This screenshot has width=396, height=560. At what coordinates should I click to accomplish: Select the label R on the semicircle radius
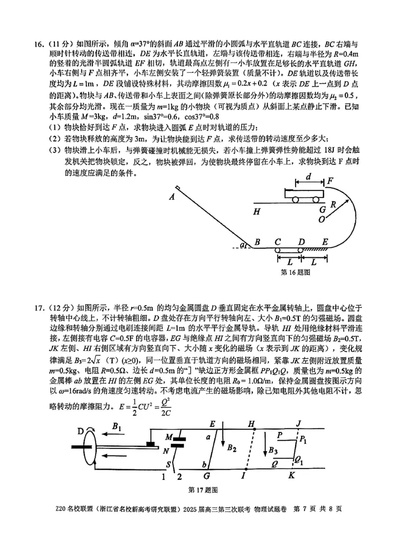334,203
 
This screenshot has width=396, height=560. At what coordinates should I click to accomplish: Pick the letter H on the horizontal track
256,212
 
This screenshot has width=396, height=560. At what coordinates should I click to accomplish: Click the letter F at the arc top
330,182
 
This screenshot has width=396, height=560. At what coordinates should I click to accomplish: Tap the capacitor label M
168,437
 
